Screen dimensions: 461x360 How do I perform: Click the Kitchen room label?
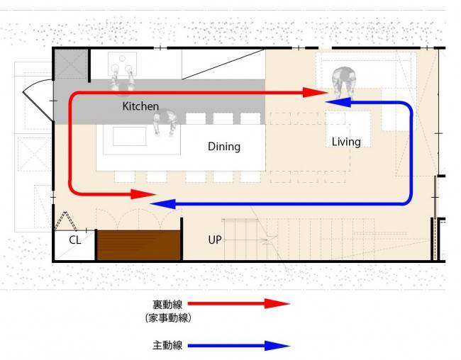click(140, 106)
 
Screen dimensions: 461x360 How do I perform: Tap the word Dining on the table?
click(224, 147)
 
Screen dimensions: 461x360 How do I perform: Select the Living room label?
click(346, 142)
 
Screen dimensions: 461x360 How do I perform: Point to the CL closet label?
click(74, 240)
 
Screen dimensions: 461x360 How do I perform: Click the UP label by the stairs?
click(215, 240)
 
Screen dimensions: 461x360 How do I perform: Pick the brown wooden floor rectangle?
click(139, 245)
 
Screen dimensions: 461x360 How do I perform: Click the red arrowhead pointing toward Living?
click(315, 93)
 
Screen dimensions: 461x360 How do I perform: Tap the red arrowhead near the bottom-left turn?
click(143, 194)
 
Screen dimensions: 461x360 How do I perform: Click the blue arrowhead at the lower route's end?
click(162, 203)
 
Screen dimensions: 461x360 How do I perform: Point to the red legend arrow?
click(239, 303)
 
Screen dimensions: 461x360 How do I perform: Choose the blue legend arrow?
click(239, 346)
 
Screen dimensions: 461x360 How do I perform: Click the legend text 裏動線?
click(167, 305)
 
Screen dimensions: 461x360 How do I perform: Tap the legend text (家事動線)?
click(168, 317)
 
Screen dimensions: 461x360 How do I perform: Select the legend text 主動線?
click(167, 345)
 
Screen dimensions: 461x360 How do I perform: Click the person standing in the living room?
click(343, 81)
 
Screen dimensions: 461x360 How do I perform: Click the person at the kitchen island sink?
click(165, 122)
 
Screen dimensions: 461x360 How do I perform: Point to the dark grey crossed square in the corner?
click(71, 64)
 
